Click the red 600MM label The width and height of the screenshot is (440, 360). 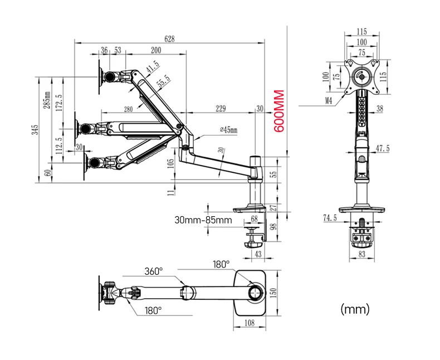tap(280, 111)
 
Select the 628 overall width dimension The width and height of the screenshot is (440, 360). tap(169, 38)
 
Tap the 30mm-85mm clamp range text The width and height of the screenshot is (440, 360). tap(203, 220)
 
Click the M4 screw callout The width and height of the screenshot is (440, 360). tap(329, 101)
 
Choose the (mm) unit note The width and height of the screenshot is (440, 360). tap(354, 308)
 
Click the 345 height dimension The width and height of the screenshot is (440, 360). tap(35, 130)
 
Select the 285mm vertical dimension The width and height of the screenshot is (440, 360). tap(47, 101)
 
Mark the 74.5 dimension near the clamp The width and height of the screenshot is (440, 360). tap(330, 218)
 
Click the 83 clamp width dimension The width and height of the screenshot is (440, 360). tap(362, 255)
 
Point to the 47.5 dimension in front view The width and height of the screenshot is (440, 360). tap(383, 148)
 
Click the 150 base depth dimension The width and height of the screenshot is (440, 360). tap(272, 293)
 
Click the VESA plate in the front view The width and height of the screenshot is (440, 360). tap(364, 75)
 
